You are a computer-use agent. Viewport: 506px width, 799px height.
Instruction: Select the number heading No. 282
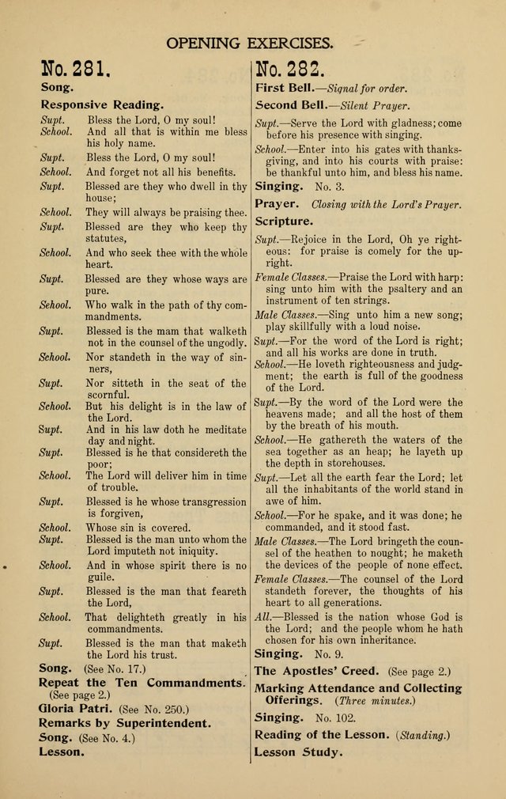293,73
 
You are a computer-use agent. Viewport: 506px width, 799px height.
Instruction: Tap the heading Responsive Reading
103,104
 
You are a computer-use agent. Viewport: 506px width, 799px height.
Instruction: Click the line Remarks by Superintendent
125,723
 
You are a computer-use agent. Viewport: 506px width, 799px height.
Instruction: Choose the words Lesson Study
299,752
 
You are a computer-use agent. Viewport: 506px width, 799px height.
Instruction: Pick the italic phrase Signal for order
367,88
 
